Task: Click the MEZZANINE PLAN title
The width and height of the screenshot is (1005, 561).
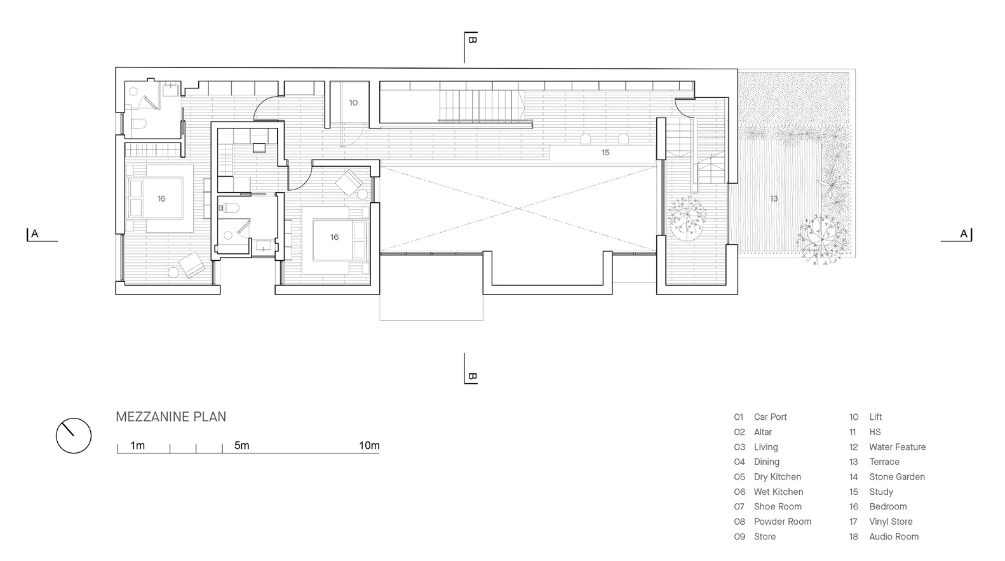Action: click(x=171, y=417)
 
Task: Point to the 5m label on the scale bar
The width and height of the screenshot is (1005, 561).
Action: click(x=242, y=446)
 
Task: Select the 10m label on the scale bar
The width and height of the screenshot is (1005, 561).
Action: click(x=369, y=446)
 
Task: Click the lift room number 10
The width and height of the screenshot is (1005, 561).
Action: click(x=354, y=103)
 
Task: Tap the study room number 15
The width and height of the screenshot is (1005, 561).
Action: click(x=605, y=153)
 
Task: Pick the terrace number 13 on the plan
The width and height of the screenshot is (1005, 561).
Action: click(x=774, y=198)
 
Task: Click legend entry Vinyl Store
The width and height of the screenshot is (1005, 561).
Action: click(x=891, y=522)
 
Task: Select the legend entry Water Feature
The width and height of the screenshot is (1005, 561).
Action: click(x=897, y=447)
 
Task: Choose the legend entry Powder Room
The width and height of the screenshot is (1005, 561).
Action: click(x=783, y=522)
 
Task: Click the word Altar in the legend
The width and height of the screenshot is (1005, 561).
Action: click(x=763, y=432)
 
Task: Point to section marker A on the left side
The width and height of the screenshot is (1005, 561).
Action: click(x=34, y=234)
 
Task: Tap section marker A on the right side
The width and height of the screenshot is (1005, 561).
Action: click(x=963, y=234)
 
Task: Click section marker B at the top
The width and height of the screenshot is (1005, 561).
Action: click(x=471, y=39)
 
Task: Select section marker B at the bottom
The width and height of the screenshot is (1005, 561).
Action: click(x=471, y=377)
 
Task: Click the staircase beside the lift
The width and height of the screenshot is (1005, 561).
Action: click(x=481, y=106)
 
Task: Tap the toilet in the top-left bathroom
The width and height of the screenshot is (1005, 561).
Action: click(x=138, y=123)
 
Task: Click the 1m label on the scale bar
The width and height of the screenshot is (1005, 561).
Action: click(x=137, y=446)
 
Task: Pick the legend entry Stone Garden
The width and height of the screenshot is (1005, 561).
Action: click(x=897, y=476)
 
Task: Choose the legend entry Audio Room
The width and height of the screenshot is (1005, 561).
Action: click(x=894, y=537)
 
